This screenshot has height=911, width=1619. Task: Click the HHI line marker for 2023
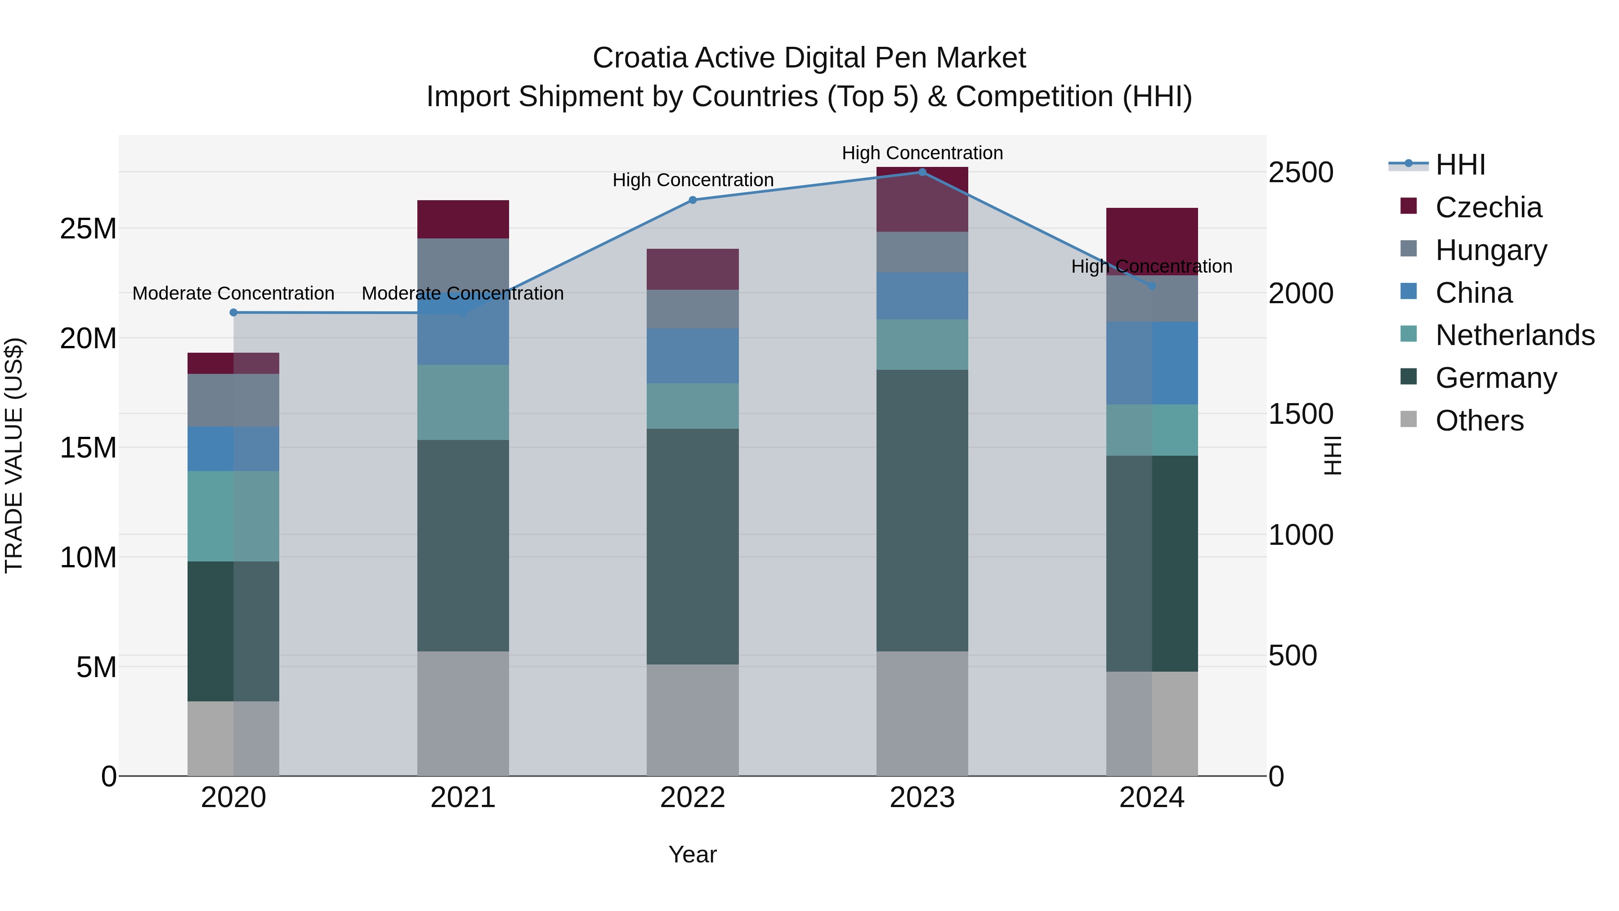tap(922, 172)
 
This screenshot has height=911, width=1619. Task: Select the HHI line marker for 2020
tap(233, 313)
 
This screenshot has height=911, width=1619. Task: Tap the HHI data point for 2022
tap(693, 200)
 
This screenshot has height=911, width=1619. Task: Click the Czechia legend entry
tap(1488, 207)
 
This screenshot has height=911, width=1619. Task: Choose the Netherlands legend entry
tap(1515, 335)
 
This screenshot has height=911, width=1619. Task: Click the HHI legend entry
tap(1460, 165)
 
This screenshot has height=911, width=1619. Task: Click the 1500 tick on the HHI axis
tap(1300, 414)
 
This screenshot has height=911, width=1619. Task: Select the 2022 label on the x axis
tap(693, 798)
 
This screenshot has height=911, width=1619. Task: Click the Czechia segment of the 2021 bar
tap(463, 220)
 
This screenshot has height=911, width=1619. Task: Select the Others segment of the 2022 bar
tap(693, 720)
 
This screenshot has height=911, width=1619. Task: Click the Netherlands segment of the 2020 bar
tap(233, 516)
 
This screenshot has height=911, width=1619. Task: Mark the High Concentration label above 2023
tap(922, 153)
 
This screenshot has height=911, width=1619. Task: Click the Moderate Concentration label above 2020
tap(233, 294)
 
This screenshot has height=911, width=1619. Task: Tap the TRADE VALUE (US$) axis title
tap(14, 455)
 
